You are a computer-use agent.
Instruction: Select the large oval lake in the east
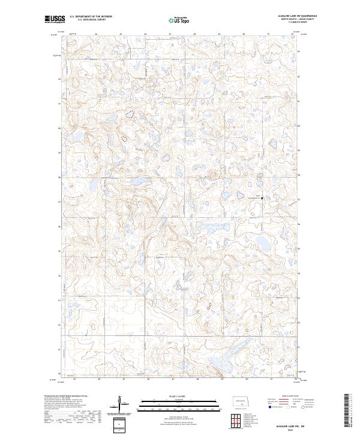(x=262, y=243)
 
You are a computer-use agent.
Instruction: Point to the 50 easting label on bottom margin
(x=247, y=379)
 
